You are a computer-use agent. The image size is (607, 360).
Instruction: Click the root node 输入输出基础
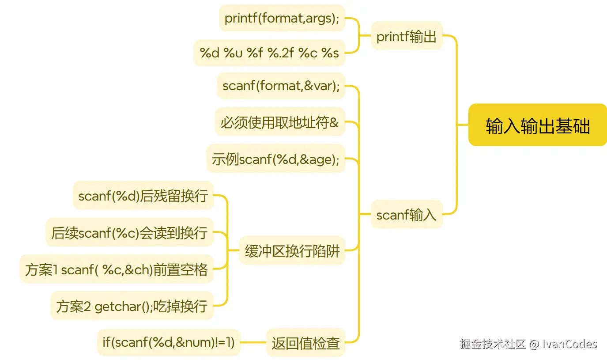coord(537,125)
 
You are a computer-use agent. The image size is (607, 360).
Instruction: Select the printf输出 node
coord(406,36)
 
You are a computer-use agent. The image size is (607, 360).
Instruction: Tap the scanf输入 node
coord(406,214)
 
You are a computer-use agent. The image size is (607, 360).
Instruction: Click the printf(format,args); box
coord(282,18)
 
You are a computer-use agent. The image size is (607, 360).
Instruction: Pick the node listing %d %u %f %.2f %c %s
coord(269,53)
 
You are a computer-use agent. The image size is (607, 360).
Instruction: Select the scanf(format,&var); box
coord(281,86)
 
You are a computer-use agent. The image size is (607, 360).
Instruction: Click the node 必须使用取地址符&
coord(280,122)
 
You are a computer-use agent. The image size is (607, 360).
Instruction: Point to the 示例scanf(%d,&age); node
coord(275,159)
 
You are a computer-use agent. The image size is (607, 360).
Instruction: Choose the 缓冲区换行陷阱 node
coord(292,250)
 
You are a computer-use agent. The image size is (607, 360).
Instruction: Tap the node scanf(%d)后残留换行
coord(143,195)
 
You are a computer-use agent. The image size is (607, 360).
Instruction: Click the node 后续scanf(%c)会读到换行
coord(129,232)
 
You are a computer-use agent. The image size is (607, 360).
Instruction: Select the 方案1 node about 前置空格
coord(117,269)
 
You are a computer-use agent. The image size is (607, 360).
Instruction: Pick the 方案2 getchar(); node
coord(132,305)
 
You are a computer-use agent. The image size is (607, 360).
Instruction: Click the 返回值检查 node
coord(305,342)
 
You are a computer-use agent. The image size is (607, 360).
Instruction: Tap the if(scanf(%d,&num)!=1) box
coord(169,342)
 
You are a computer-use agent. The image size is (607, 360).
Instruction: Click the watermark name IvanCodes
coord(569,344)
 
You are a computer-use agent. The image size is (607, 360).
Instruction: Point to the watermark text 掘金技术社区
coord(493,344)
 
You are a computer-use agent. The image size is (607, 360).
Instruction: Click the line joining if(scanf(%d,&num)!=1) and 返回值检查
coord(253,342)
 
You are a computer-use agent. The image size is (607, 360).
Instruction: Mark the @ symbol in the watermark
coord(534,344)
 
